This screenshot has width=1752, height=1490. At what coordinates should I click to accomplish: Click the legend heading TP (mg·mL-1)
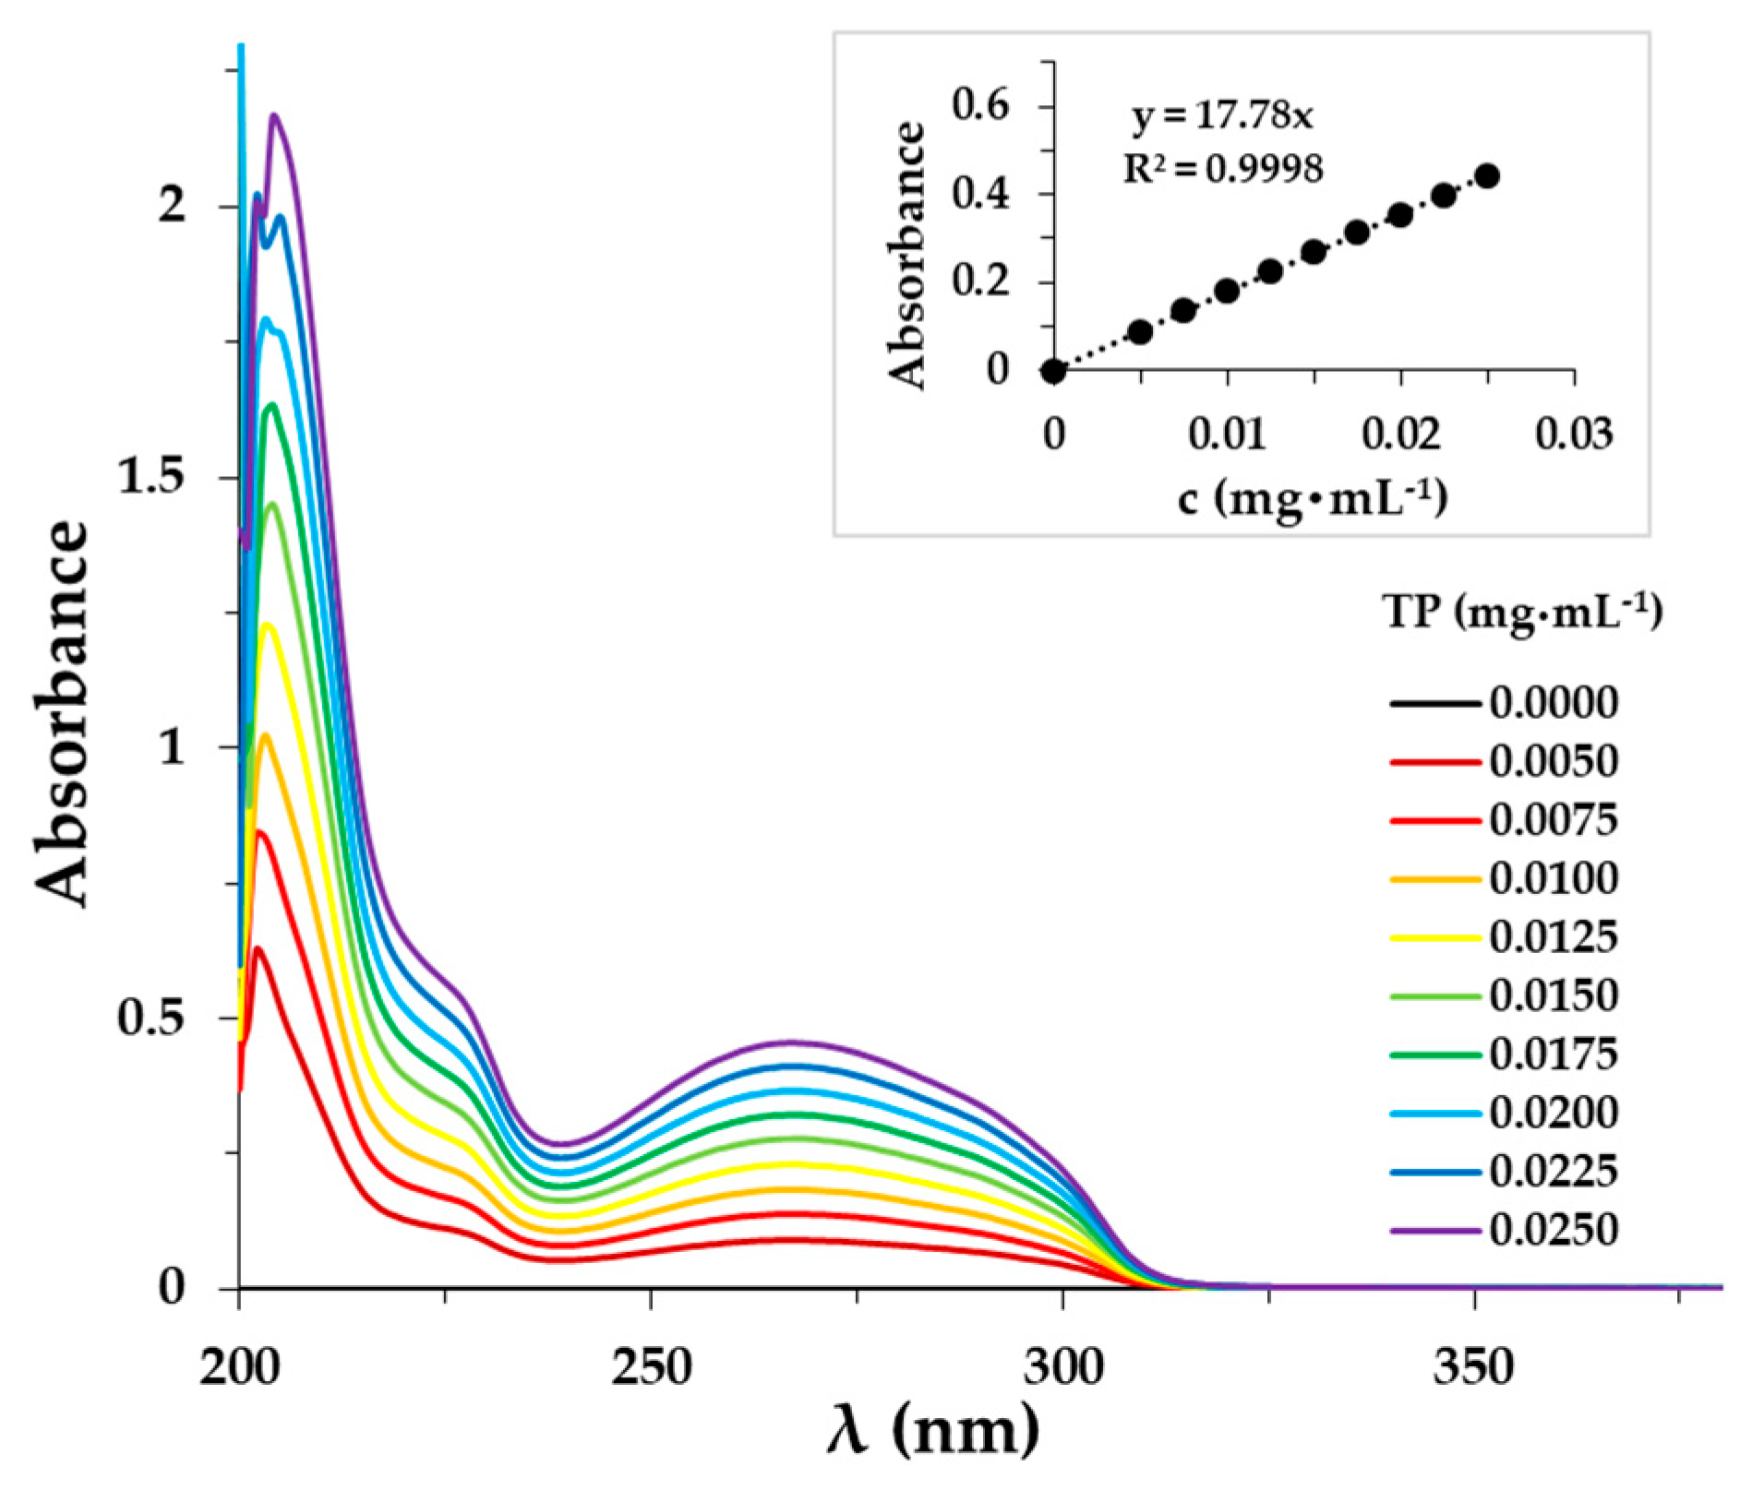click(x=1523, y=613)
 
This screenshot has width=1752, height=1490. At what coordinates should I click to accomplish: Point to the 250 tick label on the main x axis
click(x=651, y=1367)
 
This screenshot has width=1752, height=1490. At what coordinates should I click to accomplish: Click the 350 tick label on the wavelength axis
click(x=1473, y=1367)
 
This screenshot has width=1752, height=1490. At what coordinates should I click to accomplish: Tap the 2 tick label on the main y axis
click(x=172, y=207)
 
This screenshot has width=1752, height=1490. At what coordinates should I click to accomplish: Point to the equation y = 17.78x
click(x=1222, y=117)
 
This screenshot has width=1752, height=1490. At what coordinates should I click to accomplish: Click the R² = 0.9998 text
click(x=1222, y=169)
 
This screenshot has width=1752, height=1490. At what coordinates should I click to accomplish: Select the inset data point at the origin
click(x=1053, y=371)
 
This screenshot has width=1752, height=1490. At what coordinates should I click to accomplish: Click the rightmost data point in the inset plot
click(x=1487, y=176)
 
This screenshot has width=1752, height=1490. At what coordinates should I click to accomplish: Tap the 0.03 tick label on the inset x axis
click(x=1574, y=434)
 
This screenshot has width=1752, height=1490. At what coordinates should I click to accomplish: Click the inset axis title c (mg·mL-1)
click(x=1312, y=499)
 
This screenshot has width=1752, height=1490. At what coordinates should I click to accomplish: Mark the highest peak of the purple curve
click(x=274, y=115)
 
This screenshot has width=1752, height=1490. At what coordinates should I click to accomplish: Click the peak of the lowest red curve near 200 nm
click(x=258, y=948)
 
